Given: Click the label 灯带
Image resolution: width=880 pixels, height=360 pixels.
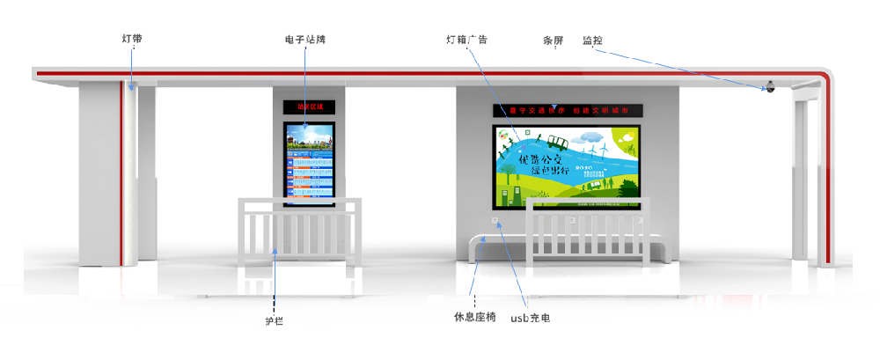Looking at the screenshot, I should (132, 39).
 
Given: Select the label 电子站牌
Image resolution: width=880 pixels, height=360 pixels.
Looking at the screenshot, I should (305, 40).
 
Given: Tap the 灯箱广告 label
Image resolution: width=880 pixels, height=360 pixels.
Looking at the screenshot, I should (466, 40).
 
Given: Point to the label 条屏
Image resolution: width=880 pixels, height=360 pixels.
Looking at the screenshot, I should (553, 40).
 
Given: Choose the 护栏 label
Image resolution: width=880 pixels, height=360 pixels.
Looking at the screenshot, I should (275, 321).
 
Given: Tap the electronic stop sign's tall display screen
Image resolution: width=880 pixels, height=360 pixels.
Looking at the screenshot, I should (309, 164).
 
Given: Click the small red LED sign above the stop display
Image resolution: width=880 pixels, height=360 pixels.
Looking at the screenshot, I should (309, 107).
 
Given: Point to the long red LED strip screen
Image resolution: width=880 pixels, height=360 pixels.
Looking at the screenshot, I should (567, 111).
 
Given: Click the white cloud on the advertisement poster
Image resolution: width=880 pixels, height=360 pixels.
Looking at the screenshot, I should (591, 136).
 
